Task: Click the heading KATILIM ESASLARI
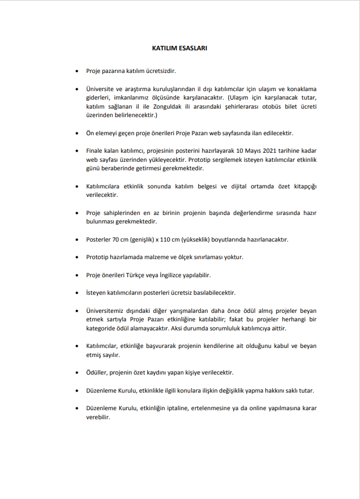pos(180,48)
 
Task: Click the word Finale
pos(96,151)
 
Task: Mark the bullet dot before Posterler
pos(77,239)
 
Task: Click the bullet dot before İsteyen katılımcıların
pos(77,292)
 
